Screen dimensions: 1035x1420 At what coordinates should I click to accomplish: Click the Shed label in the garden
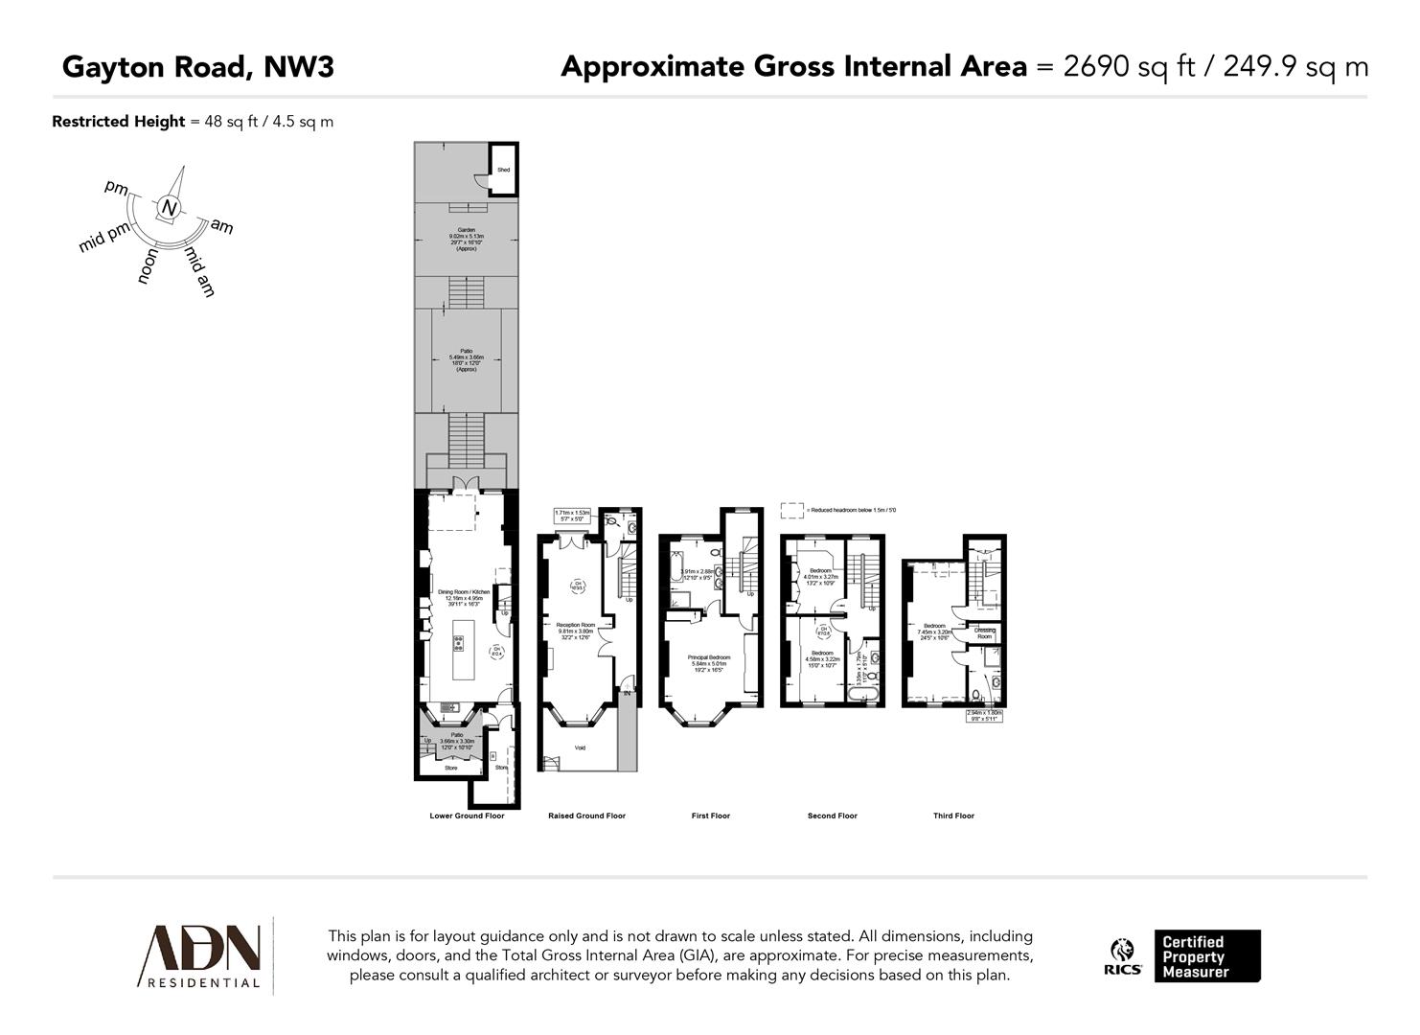503,170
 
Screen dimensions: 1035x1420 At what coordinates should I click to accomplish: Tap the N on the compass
169,208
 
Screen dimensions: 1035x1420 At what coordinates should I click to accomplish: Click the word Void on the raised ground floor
580,747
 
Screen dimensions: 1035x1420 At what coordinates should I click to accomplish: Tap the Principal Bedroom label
709,657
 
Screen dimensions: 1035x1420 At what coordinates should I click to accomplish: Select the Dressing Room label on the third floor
984,632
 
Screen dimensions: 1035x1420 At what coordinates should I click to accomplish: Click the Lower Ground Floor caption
467,816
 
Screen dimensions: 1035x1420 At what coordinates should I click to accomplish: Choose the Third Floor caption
953,816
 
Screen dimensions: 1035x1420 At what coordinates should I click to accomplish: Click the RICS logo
1123,956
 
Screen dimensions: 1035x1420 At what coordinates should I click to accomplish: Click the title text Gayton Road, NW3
198,67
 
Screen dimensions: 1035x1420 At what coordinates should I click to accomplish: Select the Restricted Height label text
118,122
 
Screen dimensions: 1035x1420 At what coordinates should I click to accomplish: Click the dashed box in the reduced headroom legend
791,511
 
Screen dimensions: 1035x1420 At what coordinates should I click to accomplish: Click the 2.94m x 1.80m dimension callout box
983,715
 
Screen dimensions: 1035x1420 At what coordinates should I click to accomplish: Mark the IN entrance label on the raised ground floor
628,693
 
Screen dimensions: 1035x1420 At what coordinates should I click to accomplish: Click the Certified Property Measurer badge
1206,956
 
